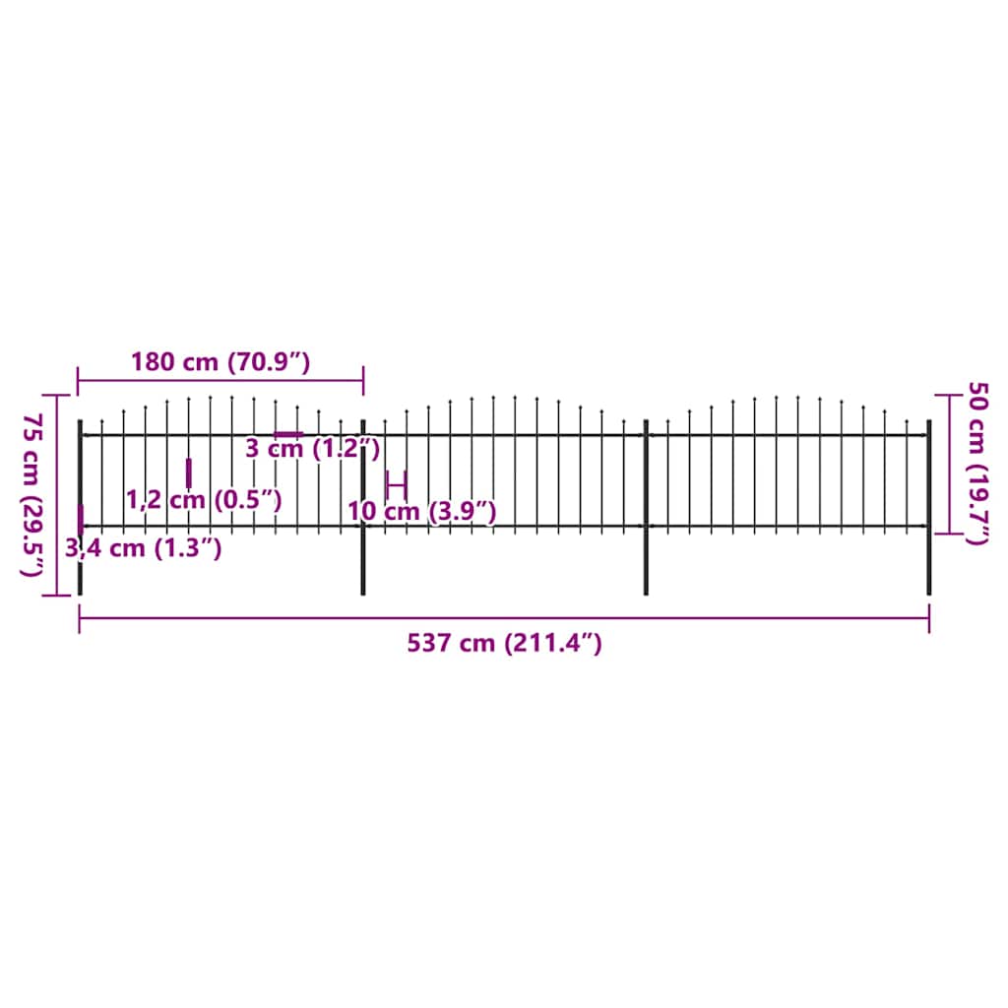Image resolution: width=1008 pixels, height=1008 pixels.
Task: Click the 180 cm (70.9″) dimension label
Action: point(220,361)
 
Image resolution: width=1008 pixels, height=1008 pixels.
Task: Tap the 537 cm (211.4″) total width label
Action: point(504,644)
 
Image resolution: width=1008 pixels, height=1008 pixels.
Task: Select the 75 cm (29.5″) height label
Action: point(33,495)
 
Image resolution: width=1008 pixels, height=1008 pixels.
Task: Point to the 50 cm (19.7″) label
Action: point(977,463)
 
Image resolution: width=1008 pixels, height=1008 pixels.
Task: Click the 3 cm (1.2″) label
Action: point(312,450)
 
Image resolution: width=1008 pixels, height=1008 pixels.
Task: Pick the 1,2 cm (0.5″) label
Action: point(205,500)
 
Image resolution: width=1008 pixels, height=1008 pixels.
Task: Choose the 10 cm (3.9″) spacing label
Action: point(421,512)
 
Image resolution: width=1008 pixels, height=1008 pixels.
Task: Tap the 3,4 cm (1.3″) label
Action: point(144,548)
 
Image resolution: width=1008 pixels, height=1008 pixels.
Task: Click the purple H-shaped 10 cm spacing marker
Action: point(396,484)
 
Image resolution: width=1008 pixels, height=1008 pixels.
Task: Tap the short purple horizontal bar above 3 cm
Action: point(288,434)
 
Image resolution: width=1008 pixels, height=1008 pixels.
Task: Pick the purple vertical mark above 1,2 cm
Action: point(188,472)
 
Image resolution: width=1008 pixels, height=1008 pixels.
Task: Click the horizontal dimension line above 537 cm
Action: point(504,618)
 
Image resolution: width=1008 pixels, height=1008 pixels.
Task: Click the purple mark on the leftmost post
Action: point(80,519)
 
